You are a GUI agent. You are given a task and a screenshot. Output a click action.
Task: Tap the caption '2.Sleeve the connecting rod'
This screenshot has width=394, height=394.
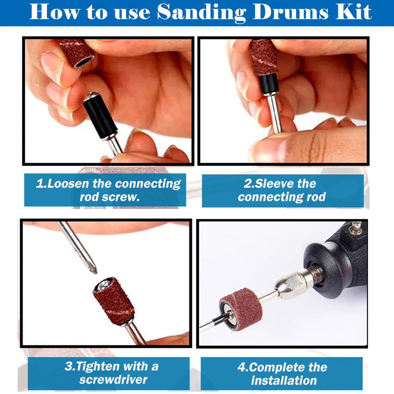pyautogui.click(x=282, y=190)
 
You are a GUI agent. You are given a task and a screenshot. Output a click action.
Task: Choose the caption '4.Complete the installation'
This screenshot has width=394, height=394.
pyautogui.click(x=282, y=374)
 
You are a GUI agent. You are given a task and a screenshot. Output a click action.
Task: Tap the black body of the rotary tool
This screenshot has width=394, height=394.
pyautogui.click(x=338, y=262)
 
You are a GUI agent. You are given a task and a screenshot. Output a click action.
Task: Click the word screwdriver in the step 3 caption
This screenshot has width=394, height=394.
pyautogui.click(x=113, y=380)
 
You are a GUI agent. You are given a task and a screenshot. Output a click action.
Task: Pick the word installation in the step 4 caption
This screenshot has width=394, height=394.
pyautogui.click(x=284, y=380)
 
